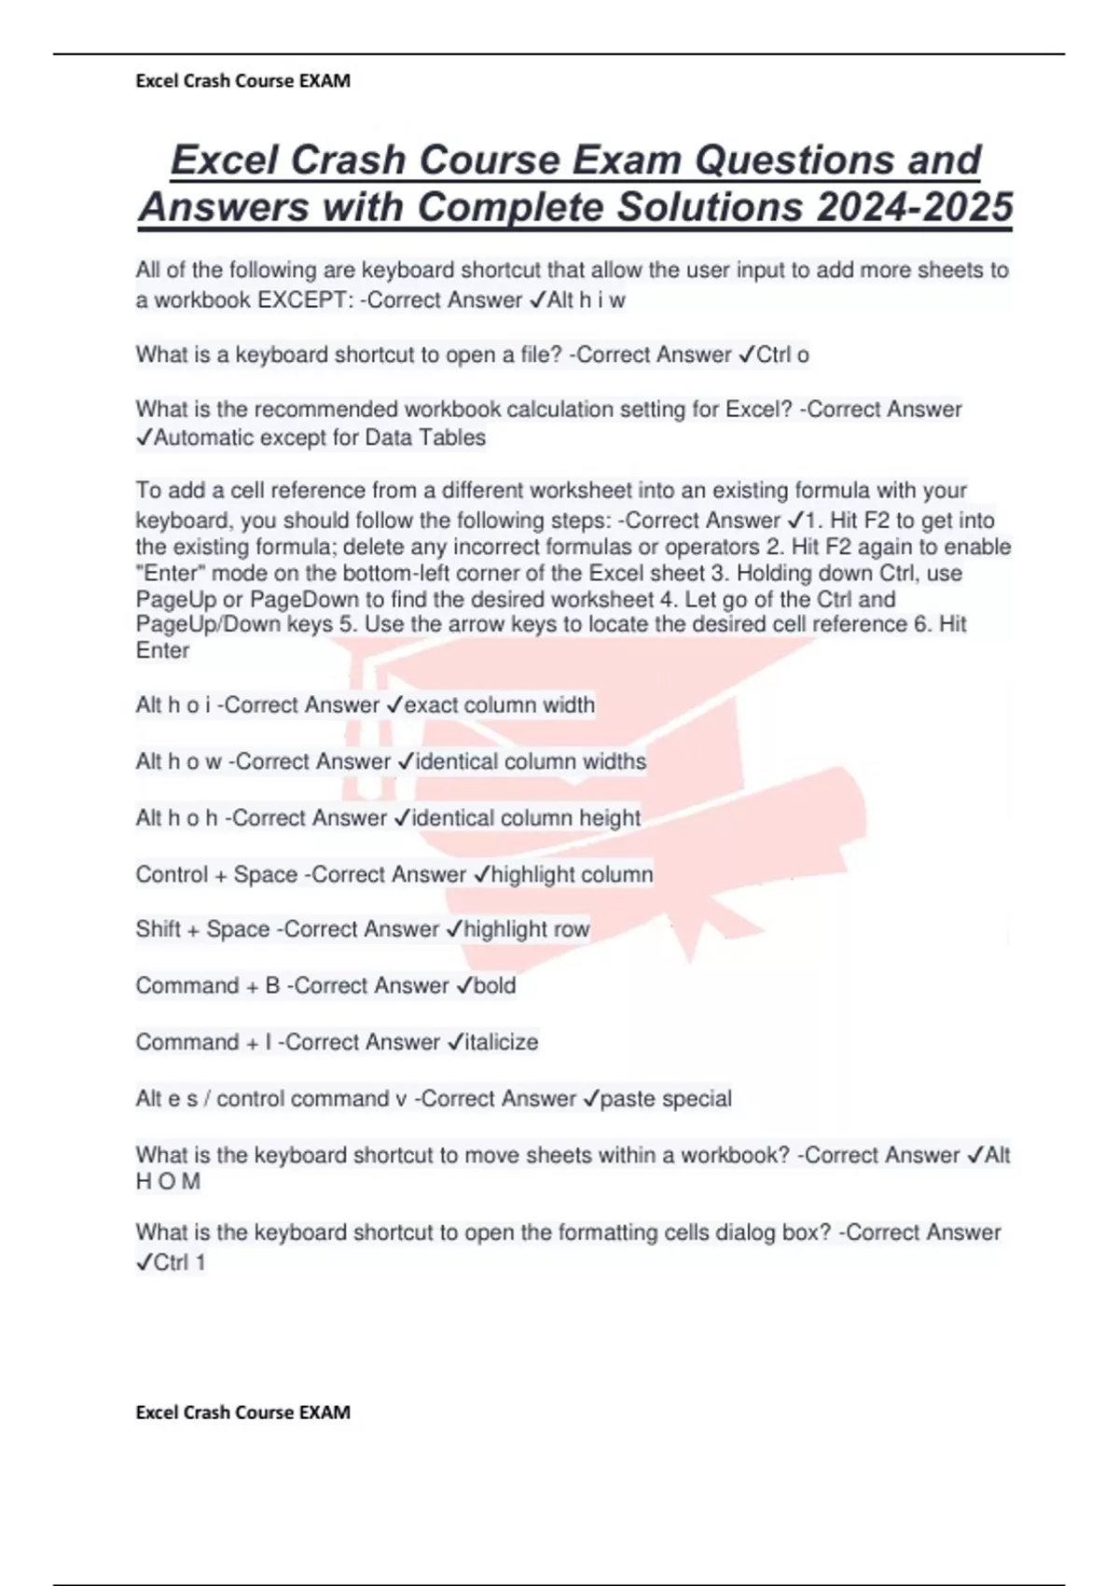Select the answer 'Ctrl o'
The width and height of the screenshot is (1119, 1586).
[782, 355]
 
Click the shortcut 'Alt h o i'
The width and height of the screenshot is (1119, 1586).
[173, 705]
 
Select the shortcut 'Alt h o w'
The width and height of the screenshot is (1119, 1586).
[178, 762]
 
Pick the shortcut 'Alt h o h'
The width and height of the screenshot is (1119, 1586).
[176, 818]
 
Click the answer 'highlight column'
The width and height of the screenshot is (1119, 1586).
[572, 875]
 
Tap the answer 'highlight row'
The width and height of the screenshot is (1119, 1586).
[527, 929]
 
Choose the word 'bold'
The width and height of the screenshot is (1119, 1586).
[494, 986]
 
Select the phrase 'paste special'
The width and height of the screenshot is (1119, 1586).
[666, 1099]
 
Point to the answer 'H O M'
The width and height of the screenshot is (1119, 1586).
[168, 1182]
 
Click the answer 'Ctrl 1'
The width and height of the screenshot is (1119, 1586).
[179, 1263]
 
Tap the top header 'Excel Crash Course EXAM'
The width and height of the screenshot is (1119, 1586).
[242, 81]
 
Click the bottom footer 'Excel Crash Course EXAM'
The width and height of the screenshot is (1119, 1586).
[242, 1412]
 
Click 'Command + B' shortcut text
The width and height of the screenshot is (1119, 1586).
[207, 986]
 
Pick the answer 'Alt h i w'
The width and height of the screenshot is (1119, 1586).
[587, 300]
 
